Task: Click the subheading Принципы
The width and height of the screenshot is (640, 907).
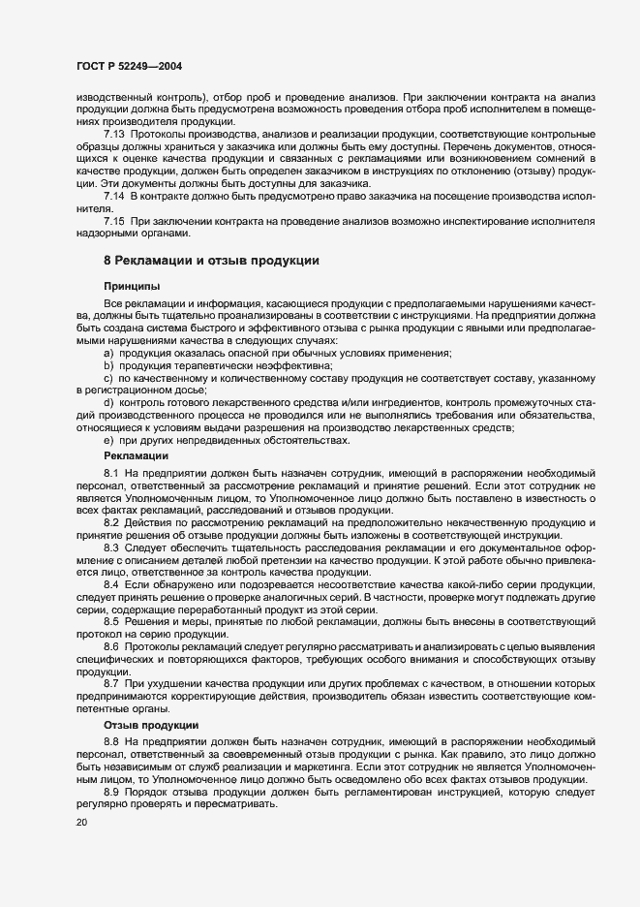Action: [132, 287]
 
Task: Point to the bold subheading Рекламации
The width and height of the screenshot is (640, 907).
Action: [137, 454]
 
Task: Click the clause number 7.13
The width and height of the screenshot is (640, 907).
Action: [114, 133]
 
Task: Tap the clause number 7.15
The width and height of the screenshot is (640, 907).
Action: [114, 221]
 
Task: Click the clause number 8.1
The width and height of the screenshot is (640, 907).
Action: [110, 472]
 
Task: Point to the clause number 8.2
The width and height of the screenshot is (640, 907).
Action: [110, 522]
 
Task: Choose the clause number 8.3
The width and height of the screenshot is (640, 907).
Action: [110, 548]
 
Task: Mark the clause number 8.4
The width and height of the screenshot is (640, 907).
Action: [110, 586]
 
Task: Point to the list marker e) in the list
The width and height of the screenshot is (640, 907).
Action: [108, 440]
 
